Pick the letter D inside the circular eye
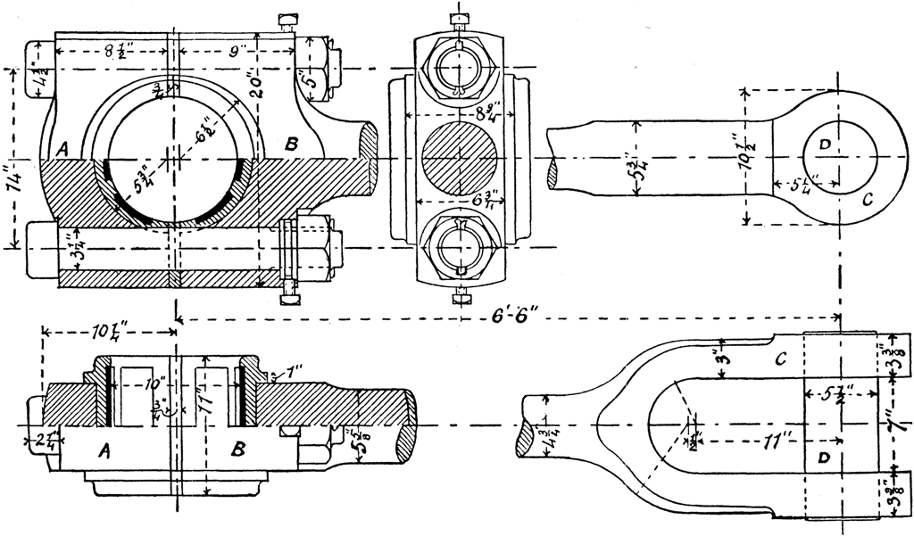(x=825, y=146)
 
